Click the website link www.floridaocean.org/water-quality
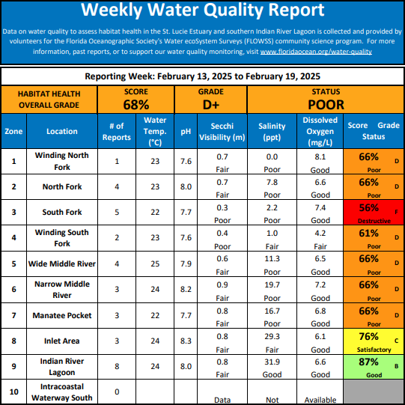tap(316, 52)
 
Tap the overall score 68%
tap(136, 105)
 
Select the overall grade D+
tap(211, 105)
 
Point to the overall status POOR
tap(326, 105)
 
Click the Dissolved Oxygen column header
tap(320, 132)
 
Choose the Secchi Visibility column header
tap(222, 132)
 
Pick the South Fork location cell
tap(62, 212)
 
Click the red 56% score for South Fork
tap(368, 207)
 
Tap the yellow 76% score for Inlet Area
tap(368, 336)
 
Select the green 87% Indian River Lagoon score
tap(368, 362)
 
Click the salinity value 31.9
tap(272, 362)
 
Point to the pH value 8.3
tap(186, 341)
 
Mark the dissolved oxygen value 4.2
tap(320, 234)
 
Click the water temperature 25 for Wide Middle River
tap(155, 264)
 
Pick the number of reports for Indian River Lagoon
tap(117, 367)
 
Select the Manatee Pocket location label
tap(62, 315)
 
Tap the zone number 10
tap(13, 392)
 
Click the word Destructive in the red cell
tap(374, 221)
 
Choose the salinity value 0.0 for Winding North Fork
tap(272, 156)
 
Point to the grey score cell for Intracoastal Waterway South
tap(374, 392)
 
